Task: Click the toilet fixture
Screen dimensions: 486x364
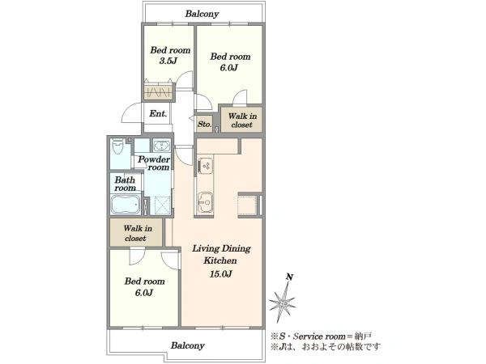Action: tap(117, 146)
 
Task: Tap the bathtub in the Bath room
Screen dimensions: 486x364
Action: tap(126, 205)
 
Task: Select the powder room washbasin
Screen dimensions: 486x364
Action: tap(161, 146)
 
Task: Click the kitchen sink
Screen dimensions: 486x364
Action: tap(204, 201)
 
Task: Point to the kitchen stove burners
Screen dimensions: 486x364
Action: tap(205, 166)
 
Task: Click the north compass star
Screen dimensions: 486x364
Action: tap(283, 303)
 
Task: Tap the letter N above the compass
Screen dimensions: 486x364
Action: tap(289, 277)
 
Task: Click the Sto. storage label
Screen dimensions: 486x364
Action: tap(204, 124)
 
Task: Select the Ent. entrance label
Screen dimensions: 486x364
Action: tap(158, 113)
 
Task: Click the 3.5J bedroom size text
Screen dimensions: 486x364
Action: tap(168, 61)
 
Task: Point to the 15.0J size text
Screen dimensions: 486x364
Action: tap(221, 274)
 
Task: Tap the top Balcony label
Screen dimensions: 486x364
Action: tap(202, 14)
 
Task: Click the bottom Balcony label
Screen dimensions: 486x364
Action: tap(188, 345)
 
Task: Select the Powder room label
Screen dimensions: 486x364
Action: tap(154, 163)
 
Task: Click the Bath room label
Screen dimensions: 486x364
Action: tap(125, 184)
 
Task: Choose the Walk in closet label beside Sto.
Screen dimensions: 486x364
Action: tap(242, 121)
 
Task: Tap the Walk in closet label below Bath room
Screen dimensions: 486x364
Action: tap(138, 234)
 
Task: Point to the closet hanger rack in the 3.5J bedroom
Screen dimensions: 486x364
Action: tap(159, 92)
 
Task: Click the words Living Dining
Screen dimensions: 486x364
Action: tap(221, 249)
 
